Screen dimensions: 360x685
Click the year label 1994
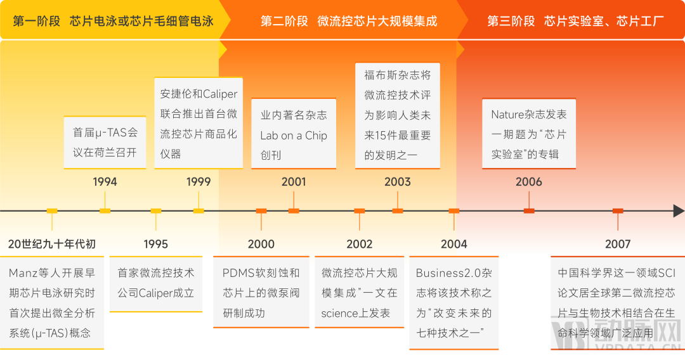(x=105, y=182)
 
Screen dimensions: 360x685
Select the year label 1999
(x=199, y=182)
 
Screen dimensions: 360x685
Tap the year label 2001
(x=294, y=182)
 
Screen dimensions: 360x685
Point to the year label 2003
(x=398, y=182)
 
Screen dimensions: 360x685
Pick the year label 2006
(x=528, y=182)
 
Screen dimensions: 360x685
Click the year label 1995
(x=155, y=244)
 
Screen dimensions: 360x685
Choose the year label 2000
(x=261, y=244)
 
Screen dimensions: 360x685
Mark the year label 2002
(x=360, y=244)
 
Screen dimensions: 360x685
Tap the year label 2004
(x=454, y=244)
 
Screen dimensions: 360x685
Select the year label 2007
(x=617, y=244)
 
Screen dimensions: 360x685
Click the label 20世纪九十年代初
(x=52, y=244)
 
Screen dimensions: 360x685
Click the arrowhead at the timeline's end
(x=678, y=211)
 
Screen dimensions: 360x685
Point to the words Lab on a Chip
(x=294, y=135)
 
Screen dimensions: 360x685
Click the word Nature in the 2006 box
(x=507, y=115)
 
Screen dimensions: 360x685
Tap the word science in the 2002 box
(x=340, y=313)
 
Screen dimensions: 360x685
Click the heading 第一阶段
(x=37, y=22)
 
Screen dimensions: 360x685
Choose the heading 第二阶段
(x=284, y=22)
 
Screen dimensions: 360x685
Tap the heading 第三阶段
(x=511, y=22)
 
